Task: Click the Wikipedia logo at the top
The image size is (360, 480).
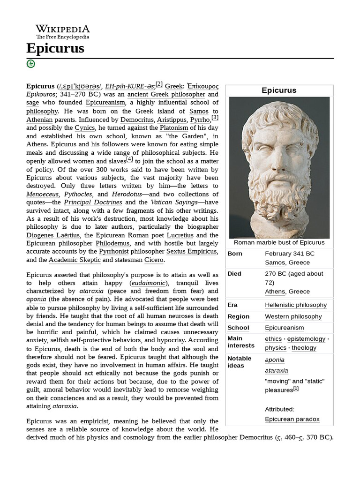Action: coord(62,31)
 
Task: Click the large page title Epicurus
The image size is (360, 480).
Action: coord(55,48)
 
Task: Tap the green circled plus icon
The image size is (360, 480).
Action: coord(31,64)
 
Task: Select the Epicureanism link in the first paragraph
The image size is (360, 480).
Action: coord(105,102)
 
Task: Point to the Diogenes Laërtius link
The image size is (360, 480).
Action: coord(53,235)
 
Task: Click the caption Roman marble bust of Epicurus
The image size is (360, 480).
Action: coord(279,242)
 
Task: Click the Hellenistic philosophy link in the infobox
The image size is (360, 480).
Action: coord(295,305)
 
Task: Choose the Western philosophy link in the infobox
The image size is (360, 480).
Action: coord(293,316)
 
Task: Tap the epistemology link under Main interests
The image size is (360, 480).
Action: coord(306,339)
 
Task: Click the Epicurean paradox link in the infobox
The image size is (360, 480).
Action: coord(292,419)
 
